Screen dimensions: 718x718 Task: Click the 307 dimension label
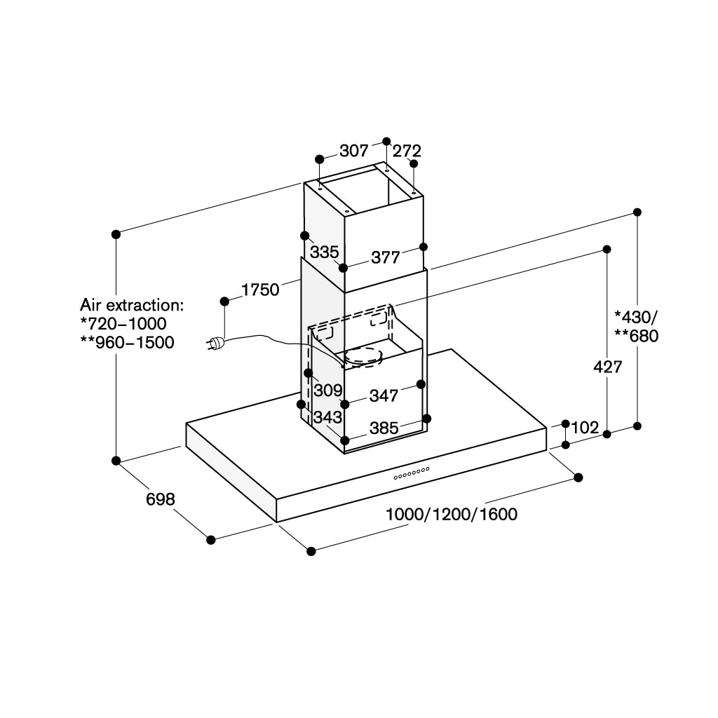tap(354, 151)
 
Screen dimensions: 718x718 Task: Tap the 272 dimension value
tap(407, 151)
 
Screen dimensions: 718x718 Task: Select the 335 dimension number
tap(324, 252)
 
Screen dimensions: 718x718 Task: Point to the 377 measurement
tap(386, 257)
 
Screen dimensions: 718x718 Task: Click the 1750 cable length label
tap(260, 290)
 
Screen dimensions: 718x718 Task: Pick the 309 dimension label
tap(328, 390)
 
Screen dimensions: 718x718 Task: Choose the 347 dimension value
tap(384, 395)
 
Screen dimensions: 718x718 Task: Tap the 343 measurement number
tap(328, 416)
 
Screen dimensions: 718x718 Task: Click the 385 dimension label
tap(384, 428)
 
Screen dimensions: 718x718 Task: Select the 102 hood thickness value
tap(585, 427)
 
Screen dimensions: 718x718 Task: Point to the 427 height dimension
tap(608, 367)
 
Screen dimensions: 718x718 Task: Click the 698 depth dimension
tap(161, 499)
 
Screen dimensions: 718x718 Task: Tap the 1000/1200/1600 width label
tap(452, 514)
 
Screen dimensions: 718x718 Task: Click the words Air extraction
tap(132, 305)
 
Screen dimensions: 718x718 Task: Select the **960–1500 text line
tap(128, 342)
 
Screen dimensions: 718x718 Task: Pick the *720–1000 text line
tap(123, 324)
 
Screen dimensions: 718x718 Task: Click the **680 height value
tap(637, 336)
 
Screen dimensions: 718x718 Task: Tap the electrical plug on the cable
tap(215, 342)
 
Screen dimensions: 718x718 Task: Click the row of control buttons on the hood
tap(412, 473)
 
